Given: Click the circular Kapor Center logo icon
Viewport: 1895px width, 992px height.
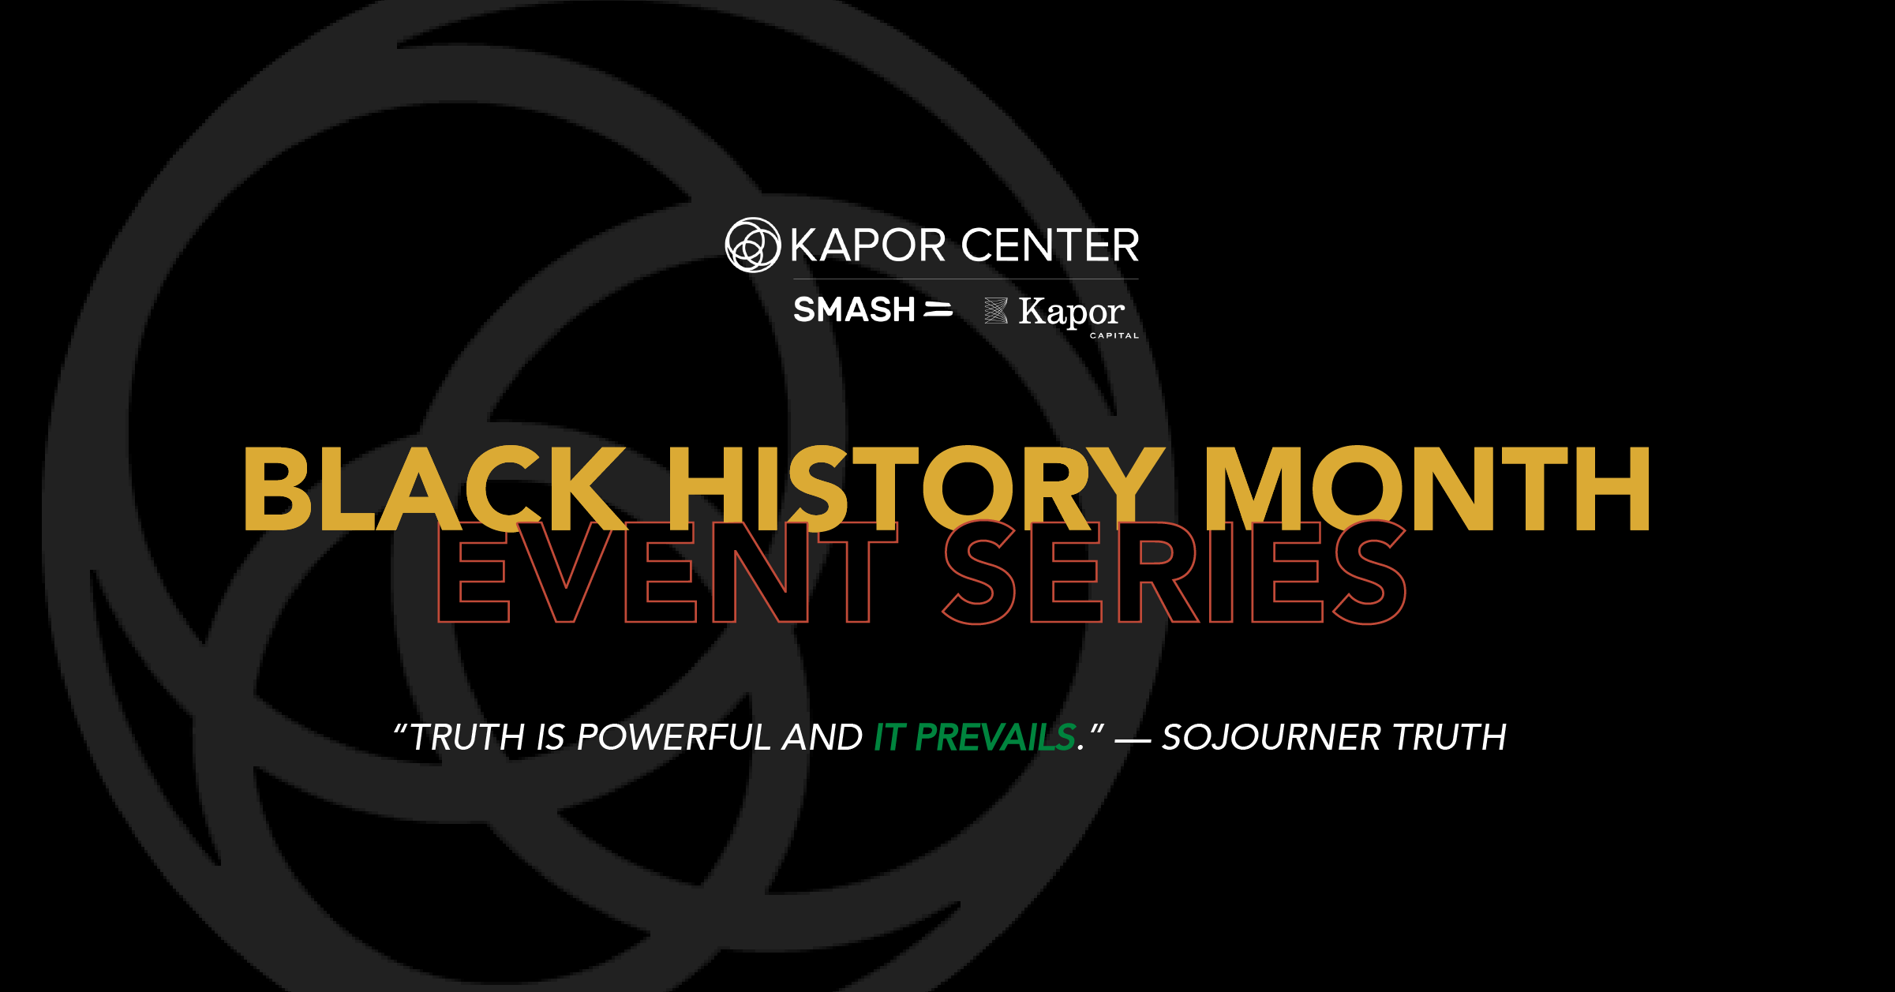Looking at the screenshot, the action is pos(752,245).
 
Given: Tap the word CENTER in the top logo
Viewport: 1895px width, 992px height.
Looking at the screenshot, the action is pos(1050,245).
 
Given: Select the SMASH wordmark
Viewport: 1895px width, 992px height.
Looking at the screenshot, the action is pos(854,309).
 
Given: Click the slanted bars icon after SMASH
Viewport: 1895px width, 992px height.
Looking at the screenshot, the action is pos(938,309).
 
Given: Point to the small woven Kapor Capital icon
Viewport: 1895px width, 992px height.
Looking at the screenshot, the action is pos(996,311).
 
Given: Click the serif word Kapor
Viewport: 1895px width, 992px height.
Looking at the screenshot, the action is pos(1071,313).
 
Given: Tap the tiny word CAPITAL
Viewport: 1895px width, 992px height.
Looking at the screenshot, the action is pos(1114,335).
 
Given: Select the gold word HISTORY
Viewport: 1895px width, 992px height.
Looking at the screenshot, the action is pos(916,489).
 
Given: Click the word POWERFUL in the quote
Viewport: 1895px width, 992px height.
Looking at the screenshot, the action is pos(674,738).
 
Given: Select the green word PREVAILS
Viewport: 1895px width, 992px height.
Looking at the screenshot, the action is pos(995,738).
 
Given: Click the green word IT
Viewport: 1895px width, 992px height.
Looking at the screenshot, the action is pos(889,738).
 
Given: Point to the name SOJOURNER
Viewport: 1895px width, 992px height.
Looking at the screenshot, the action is pos(1271,738).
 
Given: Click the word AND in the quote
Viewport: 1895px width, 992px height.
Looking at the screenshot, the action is pos(822,738).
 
